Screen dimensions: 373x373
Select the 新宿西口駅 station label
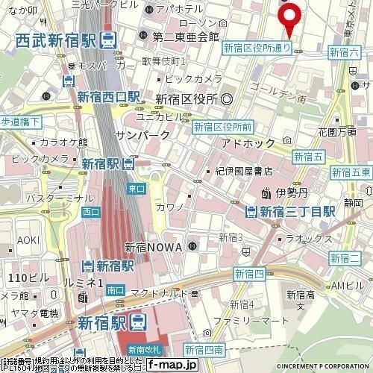108,96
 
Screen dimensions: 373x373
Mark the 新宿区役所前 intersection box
224,127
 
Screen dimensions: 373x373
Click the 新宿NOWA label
154,247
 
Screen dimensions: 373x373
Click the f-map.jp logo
172,366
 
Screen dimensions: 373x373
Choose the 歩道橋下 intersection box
20,120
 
